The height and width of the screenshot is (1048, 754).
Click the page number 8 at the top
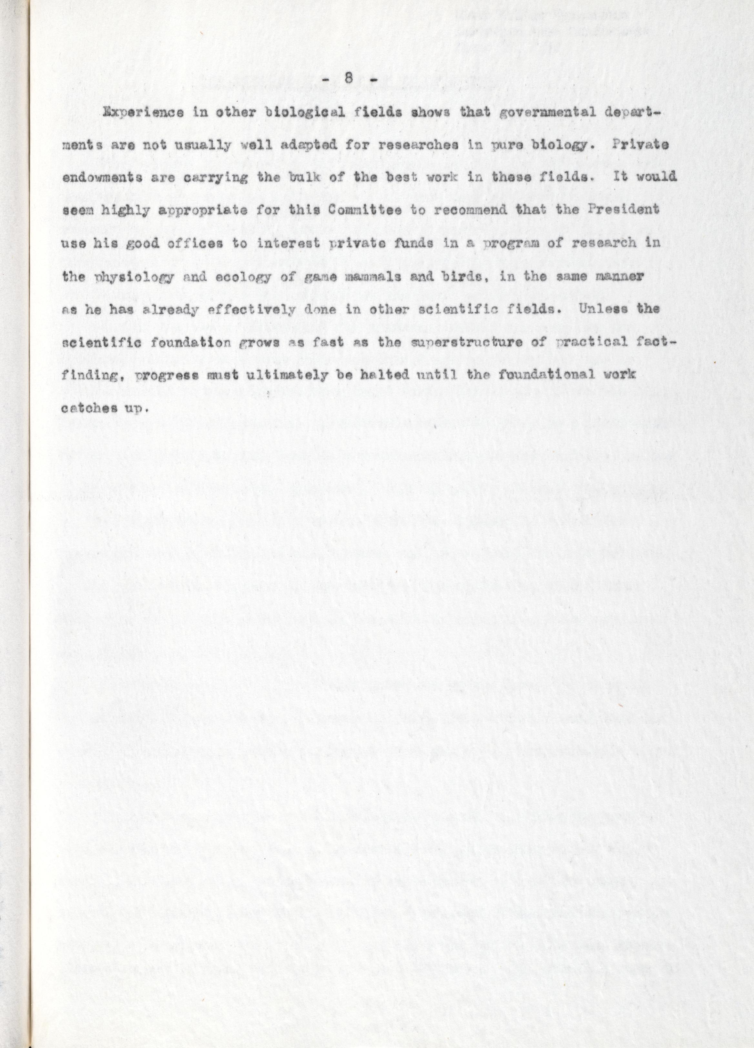(349, 79)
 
